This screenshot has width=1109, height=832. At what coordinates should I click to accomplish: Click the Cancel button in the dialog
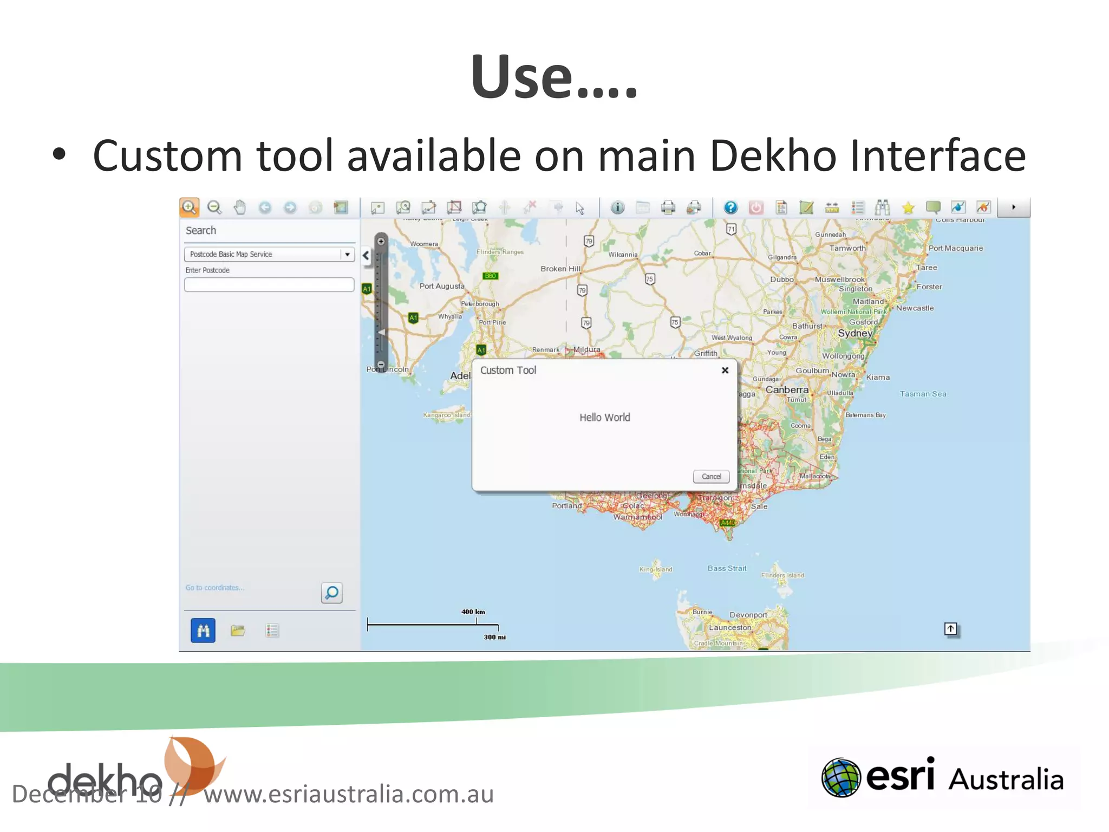coord(711,477)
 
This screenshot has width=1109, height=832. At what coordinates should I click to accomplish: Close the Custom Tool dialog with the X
coord(725,370)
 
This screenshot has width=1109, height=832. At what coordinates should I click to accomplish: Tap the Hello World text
coord(604,418)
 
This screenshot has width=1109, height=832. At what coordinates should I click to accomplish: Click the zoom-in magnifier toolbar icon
coord(189,207)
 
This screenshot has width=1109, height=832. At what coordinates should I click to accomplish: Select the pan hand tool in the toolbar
coord(239,207)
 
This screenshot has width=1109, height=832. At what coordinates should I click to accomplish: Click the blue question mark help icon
coord(730,207)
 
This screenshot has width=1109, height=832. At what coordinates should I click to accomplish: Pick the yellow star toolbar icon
coord(908,208)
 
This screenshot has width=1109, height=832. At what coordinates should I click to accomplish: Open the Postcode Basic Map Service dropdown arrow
coord(347,255)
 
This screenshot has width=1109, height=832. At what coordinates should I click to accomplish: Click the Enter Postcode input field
coord(269,285)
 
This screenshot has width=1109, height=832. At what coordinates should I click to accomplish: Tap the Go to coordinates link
coord(215,588)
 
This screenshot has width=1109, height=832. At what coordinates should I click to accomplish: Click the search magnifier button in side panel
coord(331,593)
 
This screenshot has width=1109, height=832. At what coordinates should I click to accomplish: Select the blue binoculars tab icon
coord(203,630)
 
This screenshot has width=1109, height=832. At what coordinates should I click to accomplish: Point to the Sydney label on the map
coord(854,333)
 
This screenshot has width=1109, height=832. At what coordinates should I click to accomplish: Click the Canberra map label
coord(787,390)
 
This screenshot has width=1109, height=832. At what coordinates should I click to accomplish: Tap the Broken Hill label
coord(560,269)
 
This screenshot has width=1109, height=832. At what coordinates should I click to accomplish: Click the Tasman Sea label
coord(923,394)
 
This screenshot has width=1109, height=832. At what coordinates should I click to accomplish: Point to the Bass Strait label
coord(727,569)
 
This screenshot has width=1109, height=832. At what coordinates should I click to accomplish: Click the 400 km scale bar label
coord(473,612)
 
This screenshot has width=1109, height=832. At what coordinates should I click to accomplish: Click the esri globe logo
coord(841,778)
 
